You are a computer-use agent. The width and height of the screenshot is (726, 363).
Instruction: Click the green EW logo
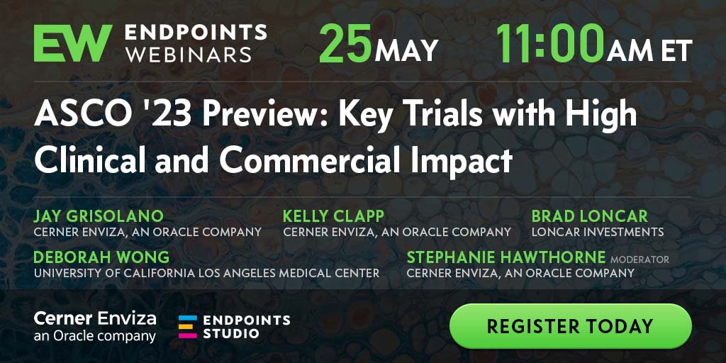(x=73, y=43)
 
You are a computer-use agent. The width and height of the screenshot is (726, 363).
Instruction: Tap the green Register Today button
(x=571, y=326)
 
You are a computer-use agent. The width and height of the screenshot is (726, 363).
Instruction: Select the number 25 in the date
(x=345, y=43)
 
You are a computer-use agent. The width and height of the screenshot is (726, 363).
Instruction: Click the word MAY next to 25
(x=406, y=50)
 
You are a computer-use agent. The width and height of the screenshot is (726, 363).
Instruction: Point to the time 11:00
(x=550, y=43)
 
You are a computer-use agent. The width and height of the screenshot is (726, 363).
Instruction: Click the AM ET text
(x=649, y=50)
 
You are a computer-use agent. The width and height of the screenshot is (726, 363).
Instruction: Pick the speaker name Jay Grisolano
(x=99, y=216)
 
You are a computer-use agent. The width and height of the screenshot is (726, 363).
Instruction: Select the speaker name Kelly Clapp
(x=333, y=216)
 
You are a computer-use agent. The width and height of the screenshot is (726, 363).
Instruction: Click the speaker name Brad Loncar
(x=589, y=216)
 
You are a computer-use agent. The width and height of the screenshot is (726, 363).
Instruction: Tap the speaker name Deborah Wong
(x=101, y=257)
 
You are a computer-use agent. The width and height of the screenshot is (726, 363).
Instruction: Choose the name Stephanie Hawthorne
(x=506, y=257)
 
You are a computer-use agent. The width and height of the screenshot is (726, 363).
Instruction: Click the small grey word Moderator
(x=640, y=259)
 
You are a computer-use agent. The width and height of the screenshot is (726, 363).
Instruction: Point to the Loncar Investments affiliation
(x=597, y=232)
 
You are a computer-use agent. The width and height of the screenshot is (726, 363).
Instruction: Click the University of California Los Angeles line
(x=206, y=273)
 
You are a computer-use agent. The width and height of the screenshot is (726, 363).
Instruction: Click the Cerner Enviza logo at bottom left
(x=95, y=326)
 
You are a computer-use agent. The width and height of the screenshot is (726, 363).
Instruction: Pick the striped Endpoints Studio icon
(x=187, y=326)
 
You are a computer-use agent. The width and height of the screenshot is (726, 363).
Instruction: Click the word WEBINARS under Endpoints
(x=189, y=55)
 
